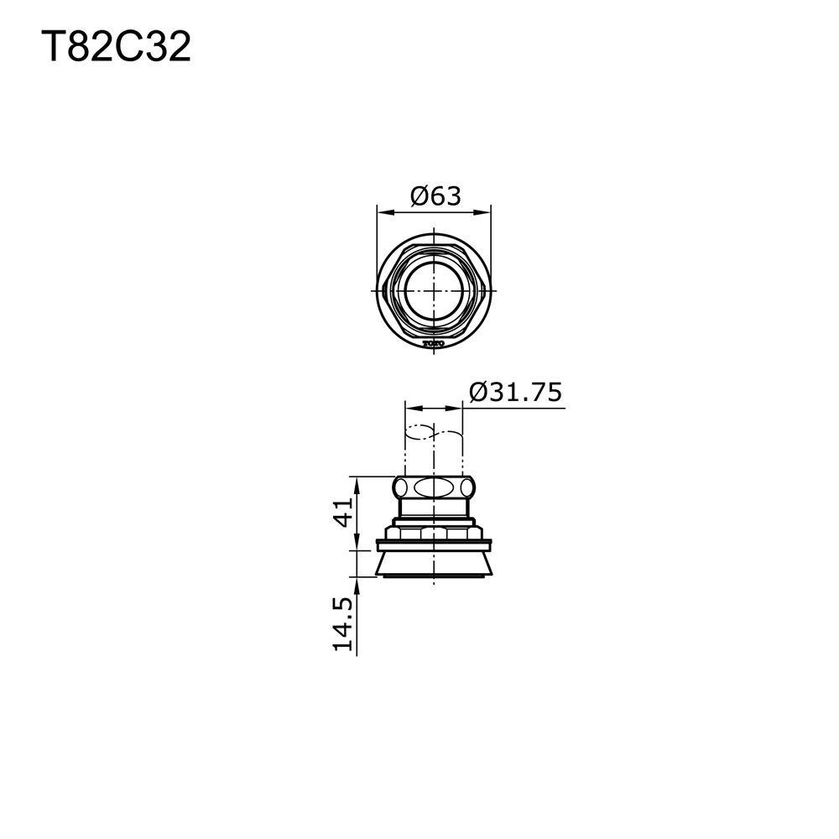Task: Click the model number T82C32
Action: click(117, 48)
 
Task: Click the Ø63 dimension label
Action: click(435, 196)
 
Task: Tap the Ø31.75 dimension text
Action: click(515, 393)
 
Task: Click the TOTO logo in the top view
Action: click(433, 342)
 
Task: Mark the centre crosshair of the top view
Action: click(434, 288)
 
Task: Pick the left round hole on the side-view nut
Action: click(401, 487)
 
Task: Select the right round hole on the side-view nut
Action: click(467, 487)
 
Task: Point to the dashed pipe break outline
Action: click(434, 434)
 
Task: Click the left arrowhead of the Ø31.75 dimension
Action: click(409, 408)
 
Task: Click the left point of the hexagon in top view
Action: click(382, 288)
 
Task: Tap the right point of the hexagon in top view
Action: click(487, 288)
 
